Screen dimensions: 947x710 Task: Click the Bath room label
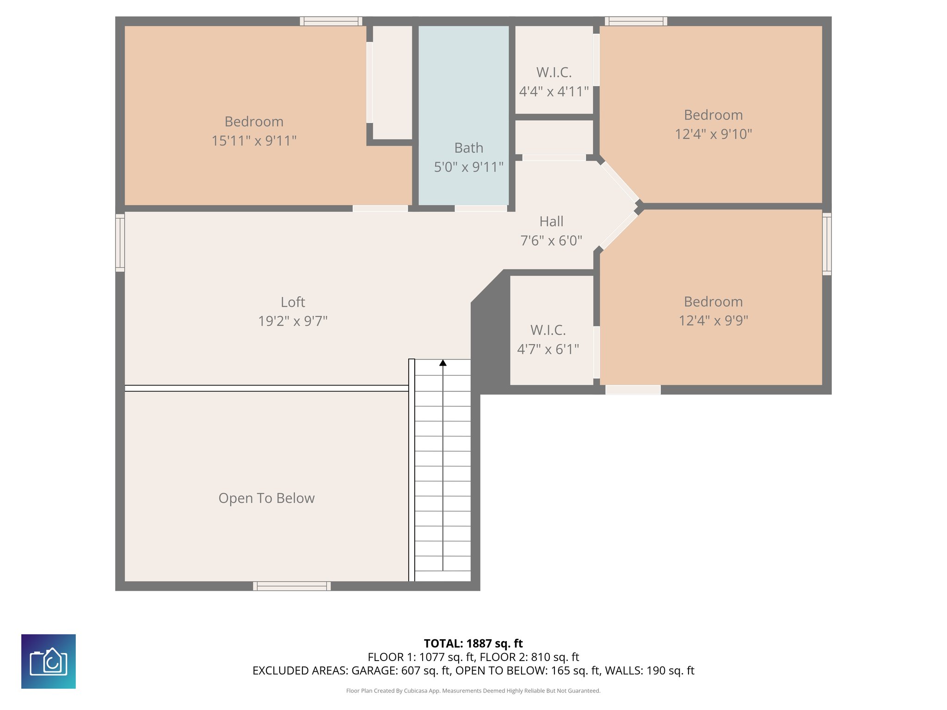pos(468,148)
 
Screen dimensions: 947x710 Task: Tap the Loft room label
pos(293,302)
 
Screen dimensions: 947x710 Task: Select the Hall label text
pos(551,221)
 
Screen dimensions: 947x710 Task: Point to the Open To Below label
pos(266,498)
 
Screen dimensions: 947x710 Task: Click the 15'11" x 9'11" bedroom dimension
pos(254,141)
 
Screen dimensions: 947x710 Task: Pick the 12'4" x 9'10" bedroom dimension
pos(713,134)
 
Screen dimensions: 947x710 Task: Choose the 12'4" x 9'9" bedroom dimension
pos(713,320)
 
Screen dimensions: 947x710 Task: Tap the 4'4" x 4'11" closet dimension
pos(554,92)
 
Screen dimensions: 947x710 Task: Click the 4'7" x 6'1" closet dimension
pos(548,349)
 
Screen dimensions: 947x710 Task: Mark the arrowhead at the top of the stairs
pos(443,363)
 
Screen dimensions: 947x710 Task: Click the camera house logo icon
pos(49,661)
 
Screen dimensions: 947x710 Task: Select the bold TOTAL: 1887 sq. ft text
pos(473,643)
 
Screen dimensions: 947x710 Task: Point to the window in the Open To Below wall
pos(292,586)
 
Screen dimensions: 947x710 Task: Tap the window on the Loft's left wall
pos(120,243)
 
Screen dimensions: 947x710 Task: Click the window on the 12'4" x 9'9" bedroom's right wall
pos(827,244)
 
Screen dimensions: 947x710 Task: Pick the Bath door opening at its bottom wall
pos(481,208)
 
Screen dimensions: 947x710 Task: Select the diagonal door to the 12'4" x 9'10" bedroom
pos(620,181)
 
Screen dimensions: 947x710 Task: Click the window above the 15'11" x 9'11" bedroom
pos(331,21)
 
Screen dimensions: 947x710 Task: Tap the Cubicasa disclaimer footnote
pos(473,691)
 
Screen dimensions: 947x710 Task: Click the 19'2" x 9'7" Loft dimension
pos(293,321)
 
